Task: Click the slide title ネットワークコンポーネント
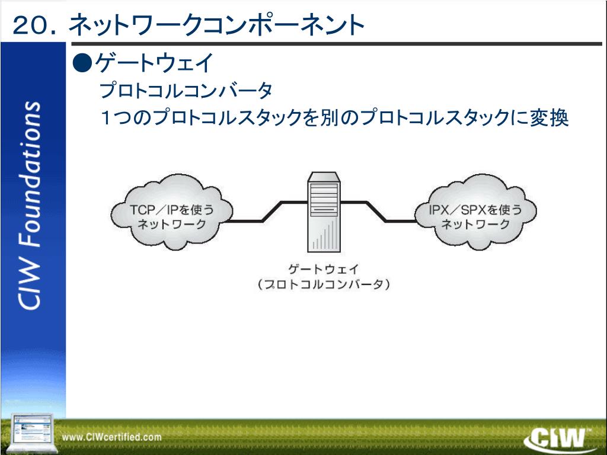click(216, 25)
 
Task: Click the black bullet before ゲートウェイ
click(82, 62)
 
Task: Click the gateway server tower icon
click(324, 212)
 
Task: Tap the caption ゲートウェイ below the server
click(324, 270)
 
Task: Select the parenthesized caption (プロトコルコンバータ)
click(324, 284)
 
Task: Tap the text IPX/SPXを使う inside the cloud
click(475, 210)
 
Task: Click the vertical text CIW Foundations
click(30, 205)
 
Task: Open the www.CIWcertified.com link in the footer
click(112, 437)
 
